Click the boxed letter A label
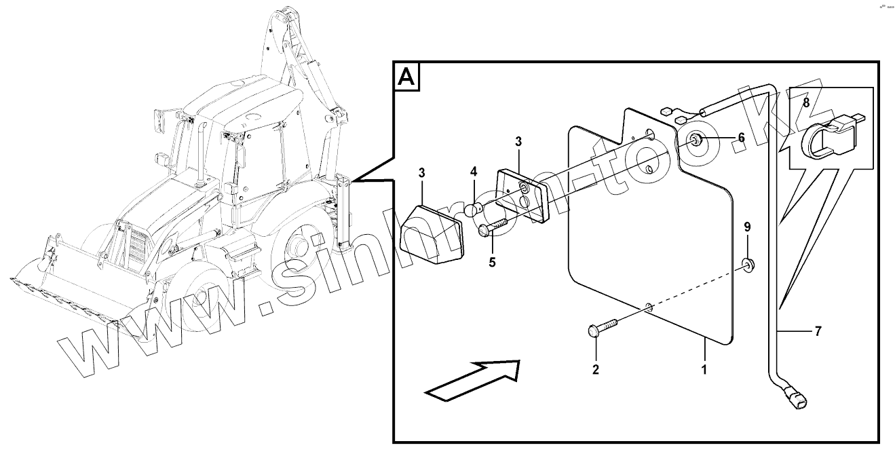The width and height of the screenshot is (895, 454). point(407,77)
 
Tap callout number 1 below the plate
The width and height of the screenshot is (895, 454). point(704,371)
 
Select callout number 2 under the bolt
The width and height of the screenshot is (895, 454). point(596,370)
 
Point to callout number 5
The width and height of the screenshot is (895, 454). point(493,261)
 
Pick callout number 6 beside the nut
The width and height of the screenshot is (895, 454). point(741,138)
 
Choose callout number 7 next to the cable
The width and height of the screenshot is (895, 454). point(818,332)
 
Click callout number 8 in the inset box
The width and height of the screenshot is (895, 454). point(805,103)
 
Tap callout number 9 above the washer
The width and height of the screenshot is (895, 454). point(748,226)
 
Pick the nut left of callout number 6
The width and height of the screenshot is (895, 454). point(696,141)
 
